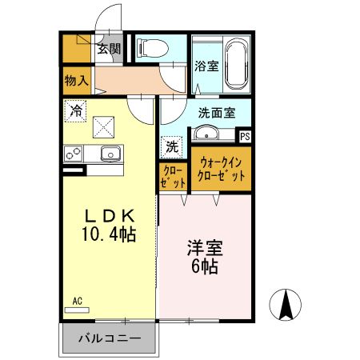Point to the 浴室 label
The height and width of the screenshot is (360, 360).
(206, 66)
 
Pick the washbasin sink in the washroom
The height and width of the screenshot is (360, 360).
(210, 134)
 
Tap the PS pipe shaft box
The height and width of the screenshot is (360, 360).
(244, 136)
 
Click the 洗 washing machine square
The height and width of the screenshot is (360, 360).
(172, 146)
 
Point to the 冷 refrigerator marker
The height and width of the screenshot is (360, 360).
(76, 111)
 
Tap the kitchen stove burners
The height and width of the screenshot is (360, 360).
(74, 153)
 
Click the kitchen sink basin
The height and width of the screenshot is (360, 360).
(107, 154)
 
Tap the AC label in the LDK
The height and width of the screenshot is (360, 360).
(78, 301)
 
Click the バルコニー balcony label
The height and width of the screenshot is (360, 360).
(109, 338)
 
